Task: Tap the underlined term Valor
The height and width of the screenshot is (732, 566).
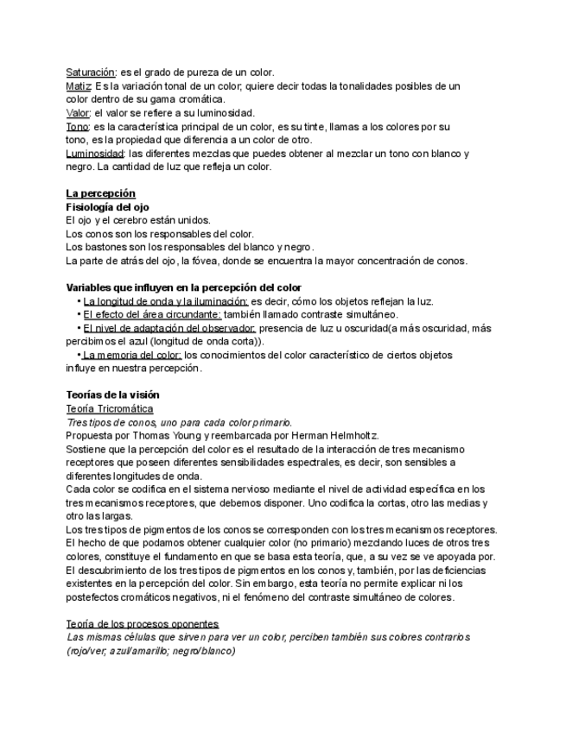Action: pyautogui.click(x=79, y=113)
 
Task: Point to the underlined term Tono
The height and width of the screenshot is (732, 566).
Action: pyautogui.click(x=78, y=127)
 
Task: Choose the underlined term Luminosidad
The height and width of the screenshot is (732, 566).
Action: pyautogui.click(x=96, y=154)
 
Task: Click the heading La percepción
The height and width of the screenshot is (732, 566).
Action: pyautogui.click(x=101, y=193)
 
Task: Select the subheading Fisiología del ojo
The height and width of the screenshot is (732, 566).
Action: pyautogui.click(x=108, y=207)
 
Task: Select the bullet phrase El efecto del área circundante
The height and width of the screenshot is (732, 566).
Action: pyautogui.click(x=152, y=314)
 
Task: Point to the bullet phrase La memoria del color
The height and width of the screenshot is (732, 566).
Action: pyautogui.click(x=131, y=355)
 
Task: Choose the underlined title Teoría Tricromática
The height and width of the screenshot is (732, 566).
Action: pyautogui.click(x=110, y=408)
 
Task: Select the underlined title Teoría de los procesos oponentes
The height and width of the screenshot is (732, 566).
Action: pyautogui.click(x=143, y=623)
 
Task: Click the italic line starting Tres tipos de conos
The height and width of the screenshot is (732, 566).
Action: pyautogui.click(x=179, y=422)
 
